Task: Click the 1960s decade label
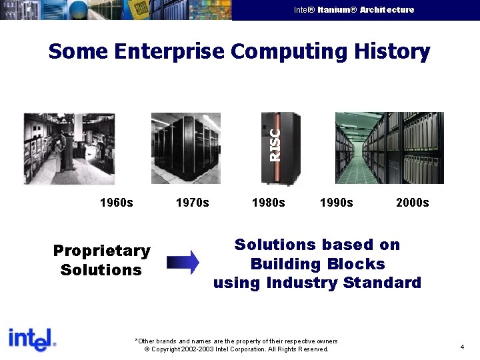click(116, 203)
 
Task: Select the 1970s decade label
click(192, 203)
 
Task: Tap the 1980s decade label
click(268, 203)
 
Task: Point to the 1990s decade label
click(337, 203)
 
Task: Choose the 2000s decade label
click(413, 203)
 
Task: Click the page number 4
click(462, 347)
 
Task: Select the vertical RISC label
click(274, 144)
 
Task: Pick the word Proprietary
click(101, 251)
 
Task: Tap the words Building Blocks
click(317, 264)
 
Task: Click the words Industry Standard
click(343, 283)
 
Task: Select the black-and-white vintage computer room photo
click(69, 148)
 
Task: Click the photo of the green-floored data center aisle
click(389, 147)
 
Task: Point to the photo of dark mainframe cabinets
click(185, 147)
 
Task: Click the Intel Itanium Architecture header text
click(353, 10)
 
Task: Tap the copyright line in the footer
click(236, 349)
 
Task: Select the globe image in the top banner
click(79, 9)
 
